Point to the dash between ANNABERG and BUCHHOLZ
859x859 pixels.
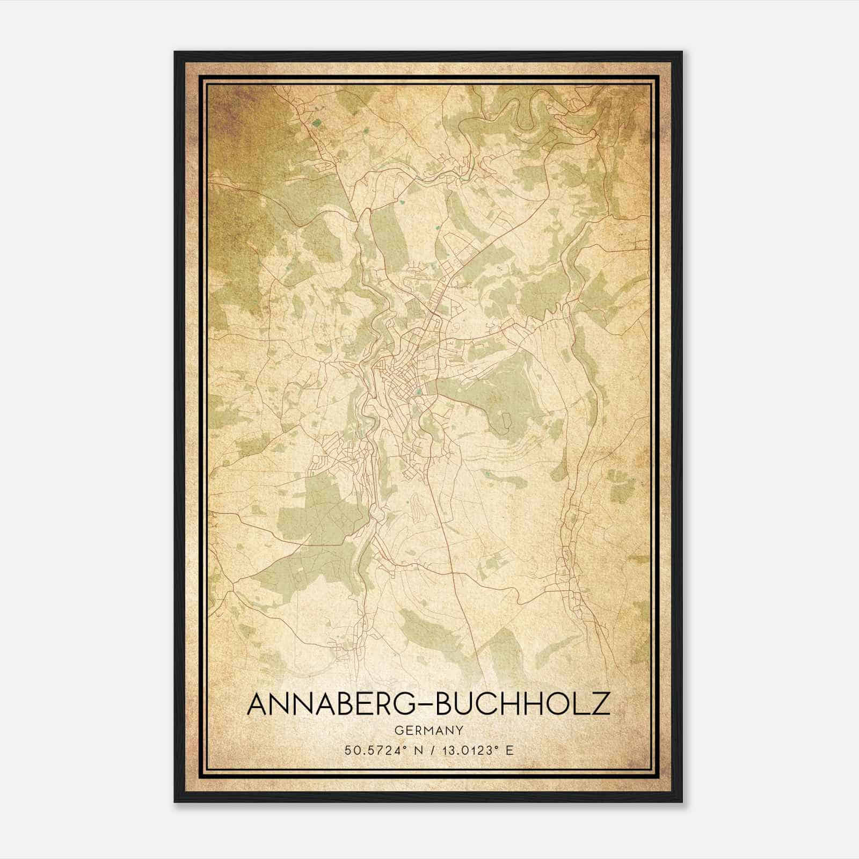point(424,704)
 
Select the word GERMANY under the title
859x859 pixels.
point(428,730)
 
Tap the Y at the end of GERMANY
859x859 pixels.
point(460,730)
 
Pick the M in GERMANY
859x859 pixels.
point(427,730)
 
